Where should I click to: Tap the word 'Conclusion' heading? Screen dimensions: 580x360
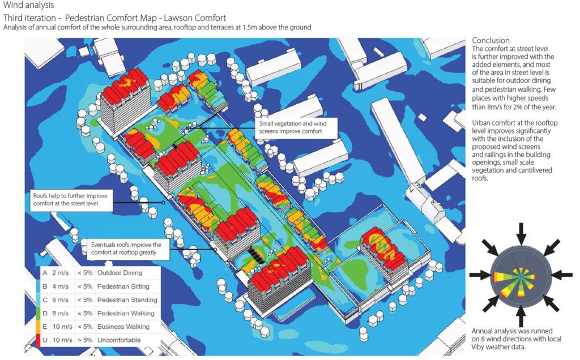click(491, 40)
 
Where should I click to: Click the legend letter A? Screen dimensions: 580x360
click(44, 273)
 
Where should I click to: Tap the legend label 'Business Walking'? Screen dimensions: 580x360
click(123, 326)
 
